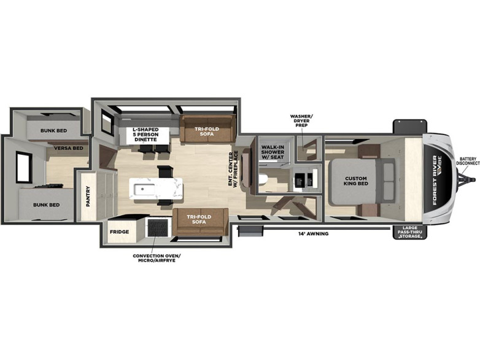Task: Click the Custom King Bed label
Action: (356, 181)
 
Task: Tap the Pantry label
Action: (88, 197)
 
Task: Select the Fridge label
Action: (120, 232)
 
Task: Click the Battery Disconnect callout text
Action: (468, 161)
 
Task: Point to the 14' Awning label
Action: (314, 233)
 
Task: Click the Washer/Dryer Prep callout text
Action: (301, 120)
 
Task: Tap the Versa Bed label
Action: (69, 148)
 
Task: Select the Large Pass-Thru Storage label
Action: (410, 232)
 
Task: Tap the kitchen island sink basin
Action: (144, 190)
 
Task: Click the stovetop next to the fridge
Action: (158, 228)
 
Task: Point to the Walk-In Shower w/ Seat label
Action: (273, 152)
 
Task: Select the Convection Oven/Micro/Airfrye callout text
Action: (157, 258)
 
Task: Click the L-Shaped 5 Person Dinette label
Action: (145, 135)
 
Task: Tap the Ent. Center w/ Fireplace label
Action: (233, 168)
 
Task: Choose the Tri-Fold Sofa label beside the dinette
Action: (207, 131)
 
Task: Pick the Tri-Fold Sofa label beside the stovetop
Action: (199, 219)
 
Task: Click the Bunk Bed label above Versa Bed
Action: (53, 130)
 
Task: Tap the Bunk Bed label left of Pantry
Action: (47, 205)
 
